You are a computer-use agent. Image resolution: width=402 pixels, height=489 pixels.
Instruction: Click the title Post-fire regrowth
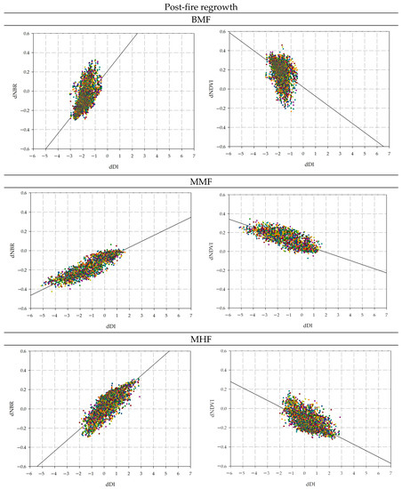[201, 7]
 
